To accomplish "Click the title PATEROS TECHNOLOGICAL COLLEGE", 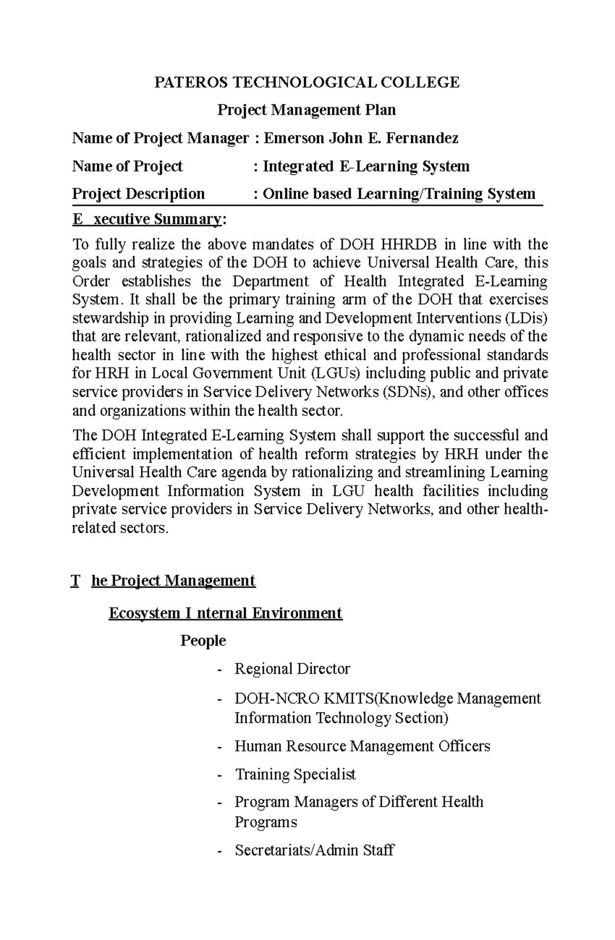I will click(x=307, y=82).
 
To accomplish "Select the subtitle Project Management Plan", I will click(x=306, y=110).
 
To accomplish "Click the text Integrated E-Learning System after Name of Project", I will click(x=366, y=166).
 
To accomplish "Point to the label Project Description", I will click(x=138, y=194).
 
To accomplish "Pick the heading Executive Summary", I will click(x=148, y=219).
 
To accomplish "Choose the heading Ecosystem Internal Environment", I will click(x=225, y=613).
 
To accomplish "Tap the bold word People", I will click(x=203, y=641).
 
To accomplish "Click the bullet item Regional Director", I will click(x=292, y=669).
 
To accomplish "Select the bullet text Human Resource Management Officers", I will click(x=362, y=746).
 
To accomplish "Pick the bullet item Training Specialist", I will click(x=295, y=774).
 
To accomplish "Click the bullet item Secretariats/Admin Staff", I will click(x=314, y=850).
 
